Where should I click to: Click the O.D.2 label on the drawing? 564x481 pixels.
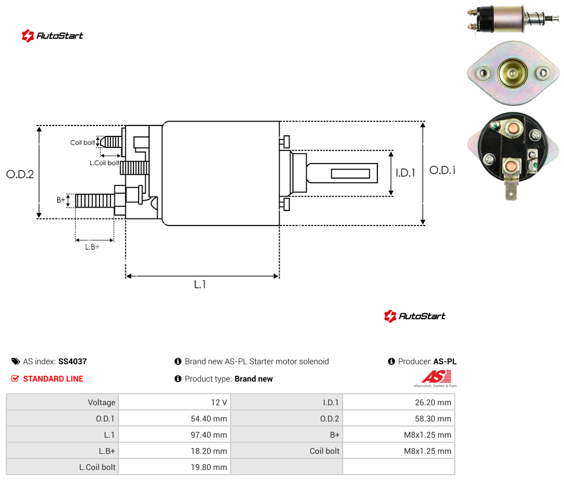point(20,174)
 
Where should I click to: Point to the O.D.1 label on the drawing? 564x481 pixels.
point(443,170)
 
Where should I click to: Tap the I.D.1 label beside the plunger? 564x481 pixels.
point(406,173)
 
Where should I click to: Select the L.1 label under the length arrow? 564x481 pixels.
point(200,284)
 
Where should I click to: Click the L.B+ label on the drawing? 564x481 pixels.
point(92,247)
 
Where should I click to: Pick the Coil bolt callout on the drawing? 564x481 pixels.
point(83,142)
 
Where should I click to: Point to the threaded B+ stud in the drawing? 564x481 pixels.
point(95,201)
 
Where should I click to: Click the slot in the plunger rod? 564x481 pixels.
point(350,174)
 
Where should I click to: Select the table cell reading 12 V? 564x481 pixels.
point(219,402)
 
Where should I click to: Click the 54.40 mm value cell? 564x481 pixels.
point(209,419)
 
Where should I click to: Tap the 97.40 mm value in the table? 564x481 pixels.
point(209,435)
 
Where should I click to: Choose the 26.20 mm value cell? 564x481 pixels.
point(433,402)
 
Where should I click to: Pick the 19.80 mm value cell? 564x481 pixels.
point(209,467)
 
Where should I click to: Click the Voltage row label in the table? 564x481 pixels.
point(102,402)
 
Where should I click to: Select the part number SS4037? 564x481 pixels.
point(73,361)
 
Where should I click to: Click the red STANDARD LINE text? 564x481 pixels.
point(53,379)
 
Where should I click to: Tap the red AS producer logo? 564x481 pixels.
point(436,377)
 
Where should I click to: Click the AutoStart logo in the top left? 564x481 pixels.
point(53,36)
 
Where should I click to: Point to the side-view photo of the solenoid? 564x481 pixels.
point(512,18)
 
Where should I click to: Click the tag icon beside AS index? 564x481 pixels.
point(16,361)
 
